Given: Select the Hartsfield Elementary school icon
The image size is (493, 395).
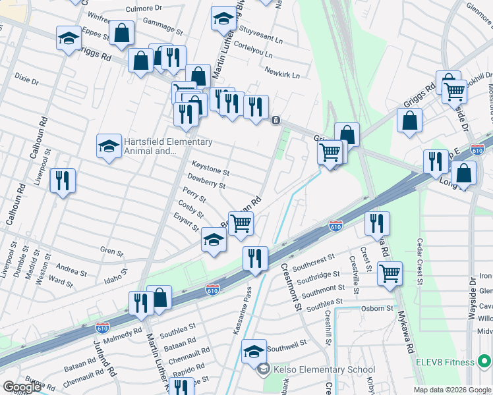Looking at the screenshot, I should point(109,147).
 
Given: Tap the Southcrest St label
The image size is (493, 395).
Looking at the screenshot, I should point(314,264).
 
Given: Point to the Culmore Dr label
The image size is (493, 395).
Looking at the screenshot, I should point(144,9).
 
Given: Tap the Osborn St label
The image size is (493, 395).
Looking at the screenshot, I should point(376,308).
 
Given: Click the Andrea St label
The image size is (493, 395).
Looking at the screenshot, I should point(72,270).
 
